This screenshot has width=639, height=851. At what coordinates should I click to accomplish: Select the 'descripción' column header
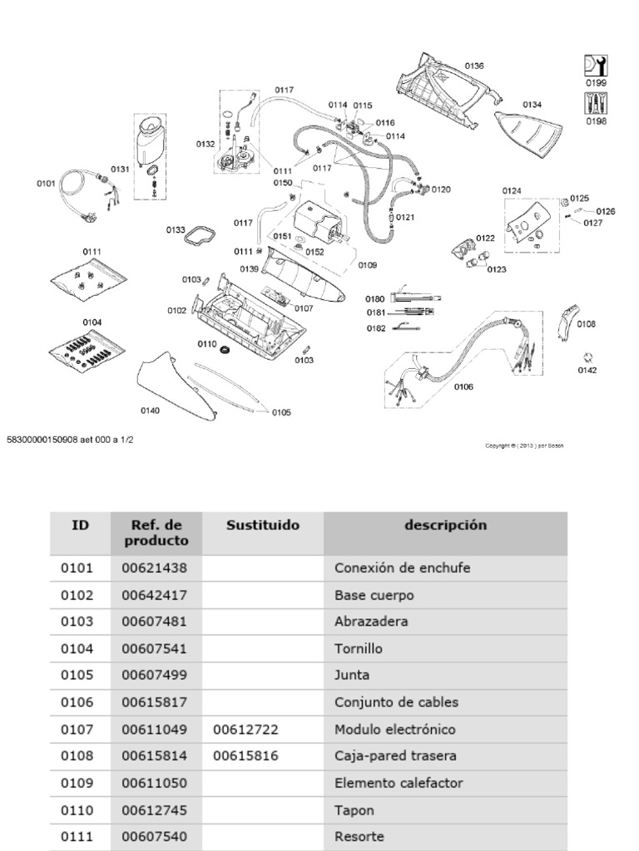[445, 525]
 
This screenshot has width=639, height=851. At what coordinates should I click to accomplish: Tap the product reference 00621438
[155, 568]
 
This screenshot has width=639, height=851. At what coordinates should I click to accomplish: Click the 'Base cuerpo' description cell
[374, 595]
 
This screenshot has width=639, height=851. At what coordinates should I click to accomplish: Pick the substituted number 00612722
[245, 729]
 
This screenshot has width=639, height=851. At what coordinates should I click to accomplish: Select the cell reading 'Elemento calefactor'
[398, 783]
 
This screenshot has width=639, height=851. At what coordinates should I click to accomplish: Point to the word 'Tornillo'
[359, 648]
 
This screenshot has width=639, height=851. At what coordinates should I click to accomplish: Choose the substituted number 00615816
[245, 756]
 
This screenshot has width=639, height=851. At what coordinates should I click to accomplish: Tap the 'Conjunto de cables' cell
[396, 702]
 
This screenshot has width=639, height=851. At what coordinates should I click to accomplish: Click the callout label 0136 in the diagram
[473, 66]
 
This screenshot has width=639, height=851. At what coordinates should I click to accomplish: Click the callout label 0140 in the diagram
[150, 410]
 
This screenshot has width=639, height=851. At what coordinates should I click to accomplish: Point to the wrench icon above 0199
[596, 66]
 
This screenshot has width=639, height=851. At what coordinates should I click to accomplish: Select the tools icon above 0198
[596, 103]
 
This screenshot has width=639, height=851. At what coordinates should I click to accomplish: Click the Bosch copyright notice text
[524, 445]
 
